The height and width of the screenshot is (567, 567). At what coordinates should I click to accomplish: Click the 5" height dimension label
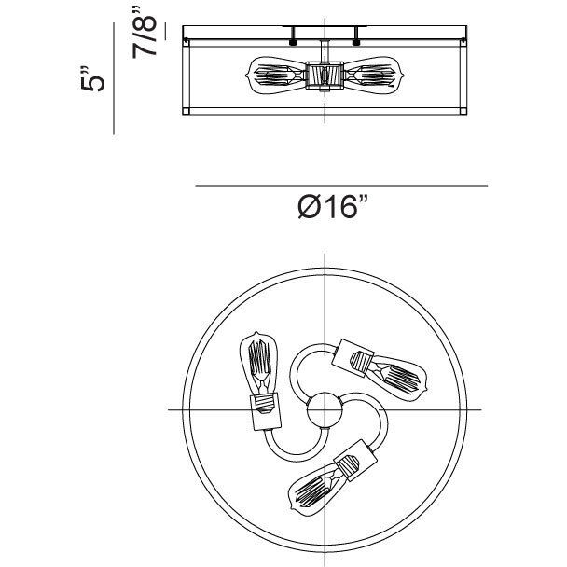[x=92, y=79]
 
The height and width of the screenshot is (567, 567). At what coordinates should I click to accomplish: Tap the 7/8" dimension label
[x=145, y=33]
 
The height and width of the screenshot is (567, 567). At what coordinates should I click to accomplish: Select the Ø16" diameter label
[x=333, y=206]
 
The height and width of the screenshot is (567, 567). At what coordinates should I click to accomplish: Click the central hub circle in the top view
[x=325, y=410]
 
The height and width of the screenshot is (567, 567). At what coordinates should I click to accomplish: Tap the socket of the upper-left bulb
[x=266, y=411]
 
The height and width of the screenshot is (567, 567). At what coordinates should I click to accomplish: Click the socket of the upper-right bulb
[x=353, y=357]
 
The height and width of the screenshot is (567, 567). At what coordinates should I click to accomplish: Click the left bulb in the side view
[x=276, y=76]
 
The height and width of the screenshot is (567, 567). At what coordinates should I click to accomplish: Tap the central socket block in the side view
[x=325, y=76]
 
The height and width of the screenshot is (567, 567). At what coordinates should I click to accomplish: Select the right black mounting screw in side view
[x=356, y=42]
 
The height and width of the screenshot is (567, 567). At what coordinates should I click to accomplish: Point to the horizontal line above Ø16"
[x=341, y=186]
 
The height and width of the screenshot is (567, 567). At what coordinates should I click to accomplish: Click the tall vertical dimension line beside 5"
[x=114, y=78]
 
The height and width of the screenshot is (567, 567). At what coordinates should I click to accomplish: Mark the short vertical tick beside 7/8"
[x=166, y=31]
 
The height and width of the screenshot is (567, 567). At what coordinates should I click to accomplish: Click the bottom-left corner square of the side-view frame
[x=186, y=111]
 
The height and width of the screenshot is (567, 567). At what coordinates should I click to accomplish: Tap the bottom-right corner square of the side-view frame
[x=463, y=111]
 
